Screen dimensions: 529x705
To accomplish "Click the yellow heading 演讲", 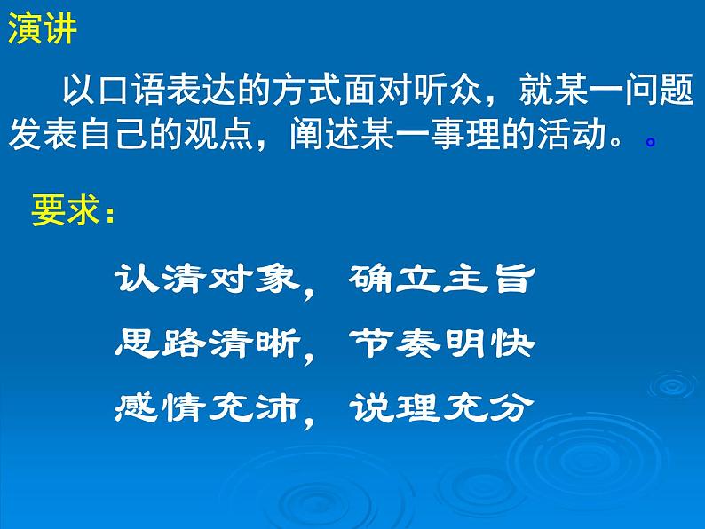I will [x=44, y=29].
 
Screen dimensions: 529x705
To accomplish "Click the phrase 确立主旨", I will [x=441, y=280].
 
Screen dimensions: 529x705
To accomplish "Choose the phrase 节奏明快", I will [x=441, y=343].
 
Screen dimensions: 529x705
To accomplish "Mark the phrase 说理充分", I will [x=441, y=407].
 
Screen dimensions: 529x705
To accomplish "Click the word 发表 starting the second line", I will [x=44, y=134].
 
